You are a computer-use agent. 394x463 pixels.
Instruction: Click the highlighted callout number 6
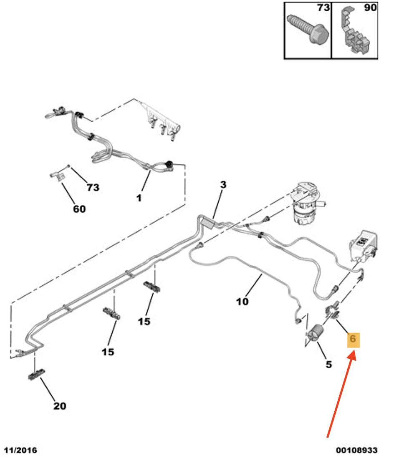353,340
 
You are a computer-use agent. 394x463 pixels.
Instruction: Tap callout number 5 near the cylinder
329,365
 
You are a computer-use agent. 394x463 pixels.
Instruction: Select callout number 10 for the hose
242,302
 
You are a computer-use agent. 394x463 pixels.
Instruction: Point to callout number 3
223,184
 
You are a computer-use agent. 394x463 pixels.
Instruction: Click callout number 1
139,198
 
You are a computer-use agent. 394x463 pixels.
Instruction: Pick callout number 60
79,209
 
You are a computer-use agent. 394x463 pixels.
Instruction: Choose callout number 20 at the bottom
60,406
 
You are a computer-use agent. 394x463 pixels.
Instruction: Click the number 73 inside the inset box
323,8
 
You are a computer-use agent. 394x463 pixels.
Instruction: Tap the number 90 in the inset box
370,8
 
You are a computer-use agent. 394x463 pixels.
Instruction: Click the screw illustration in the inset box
308,29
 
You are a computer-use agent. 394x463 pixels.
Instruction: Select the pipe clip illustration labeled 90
354,31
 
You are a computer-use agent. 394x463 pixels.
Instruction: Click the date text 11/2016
20,450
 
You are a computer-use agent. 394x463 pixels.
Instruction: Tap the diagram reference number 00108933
357,450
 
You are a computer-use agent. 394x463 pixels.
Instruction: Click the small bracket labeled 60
58,176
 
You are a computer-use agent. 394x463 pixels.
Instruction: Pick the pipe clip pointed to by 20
37,375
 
